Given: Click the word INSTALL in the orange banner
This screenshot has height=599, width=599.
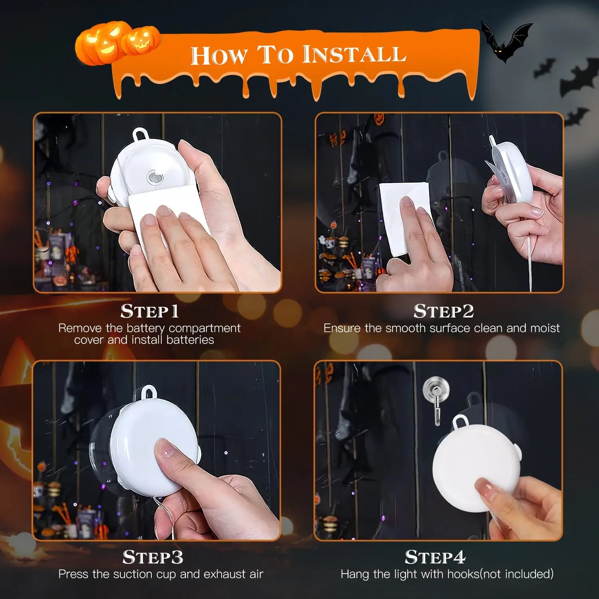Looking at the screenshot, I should [354, 54].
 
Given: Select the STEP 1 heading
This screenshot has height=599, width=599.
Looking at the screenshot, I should [149, 311].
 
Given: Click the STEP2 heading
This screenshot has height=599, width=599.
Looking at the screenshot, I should [443, 311].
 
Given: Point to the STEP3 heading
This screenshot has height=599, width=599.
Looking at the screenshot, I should [153, 557].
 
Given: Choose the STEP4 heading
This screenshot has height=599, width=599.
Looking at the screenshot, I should [435, 557].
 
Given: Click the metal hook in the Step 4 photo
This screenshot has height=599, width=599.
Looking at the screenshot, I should [436, 397].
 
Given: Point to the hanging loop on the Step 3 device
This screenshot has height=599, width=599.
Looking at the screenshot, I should [149, 391].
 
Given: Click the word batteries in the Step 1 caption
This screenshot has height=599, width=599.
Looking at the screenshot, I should [190, 340].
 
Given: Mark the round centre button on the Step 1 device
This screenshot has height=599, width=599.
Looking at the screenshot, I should [154, 177].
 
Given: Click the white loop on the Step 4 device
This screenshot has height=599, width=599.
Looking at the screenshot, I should [460, 421].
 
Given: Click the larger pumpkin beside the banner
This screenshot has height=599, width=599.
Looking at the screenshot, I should [99, 43].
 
